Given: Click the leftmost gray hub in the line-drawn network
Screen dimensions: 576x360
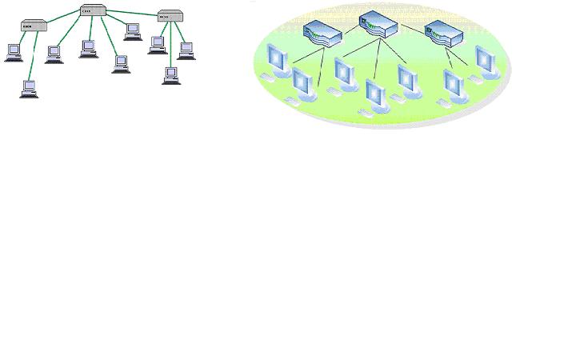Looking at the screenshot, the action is point(34,26).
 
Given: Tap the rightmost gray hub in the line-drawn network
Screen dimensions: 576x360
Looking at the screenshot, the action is point(168,16).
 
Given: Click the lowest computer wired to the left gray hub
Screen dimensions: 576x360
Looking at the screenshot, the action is point(29,88).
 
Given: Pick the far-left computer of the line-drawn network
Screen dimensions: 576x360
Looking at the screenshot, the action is point(14,52).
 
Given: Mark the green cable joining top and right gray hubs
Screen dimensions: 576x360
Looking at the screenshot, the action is point(132,13).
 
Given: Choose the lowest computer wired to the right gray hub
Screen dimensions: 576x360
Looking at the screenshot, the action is point(170,75).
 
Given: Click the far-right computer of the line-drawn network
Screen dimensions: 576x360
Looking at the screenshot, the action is point(186,50).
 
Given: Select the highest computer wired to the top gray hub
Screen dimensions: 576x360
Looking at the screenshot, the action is point(133,31).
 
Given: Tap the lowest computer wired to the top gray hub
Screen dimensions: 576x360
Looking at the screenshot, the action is point(120,63).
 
